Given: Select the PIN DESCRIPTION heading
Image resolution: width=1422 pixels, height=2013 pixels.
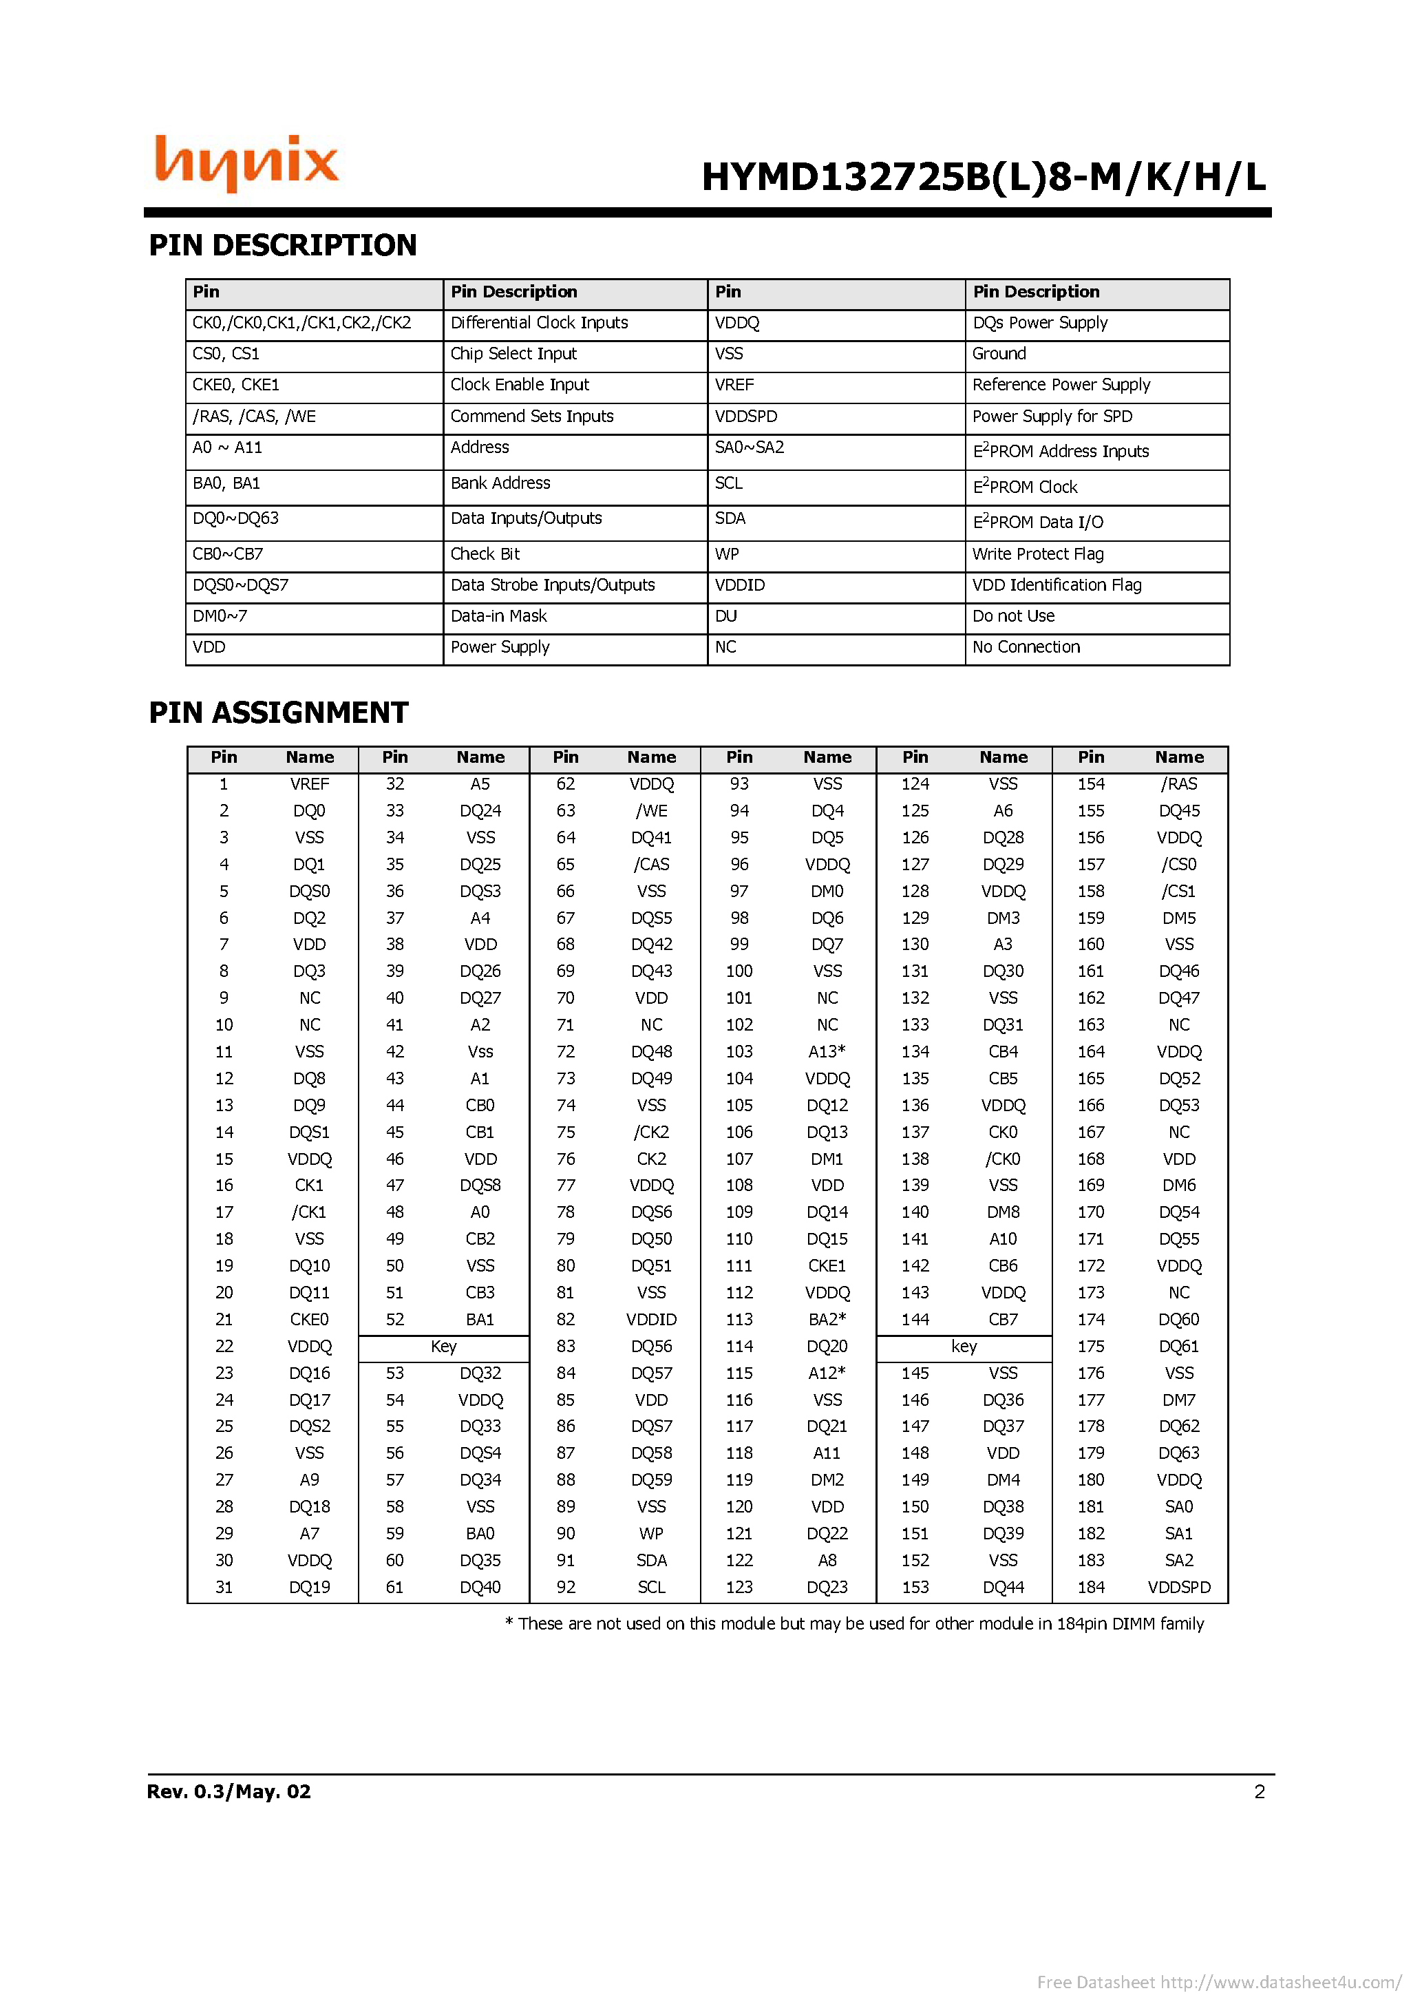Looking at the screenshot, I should click(x=282, y=246).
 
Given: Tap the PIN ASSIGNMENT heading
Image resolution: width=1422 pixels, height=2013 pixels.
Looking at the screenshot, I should click(x=278, y=713).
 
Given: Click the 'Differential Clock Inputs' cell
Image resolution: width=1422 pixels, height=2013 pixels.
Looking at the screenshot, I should click(x=539, y=323).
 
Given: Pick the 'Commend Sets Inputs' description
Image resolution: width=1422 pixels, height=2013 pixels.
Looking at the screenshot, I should click(x=531, y=417).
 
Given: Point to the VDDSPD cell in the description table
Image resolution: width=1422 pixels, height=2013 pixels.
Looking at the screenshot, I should click(x=746, y=417).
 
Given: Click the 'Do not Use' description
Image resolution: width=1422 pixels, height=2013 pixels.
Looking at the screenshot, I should click(x=1013, y=616).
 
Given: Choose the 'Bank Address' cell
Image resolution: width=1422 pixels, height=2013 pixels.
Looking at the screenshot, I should click(x=500, y=483).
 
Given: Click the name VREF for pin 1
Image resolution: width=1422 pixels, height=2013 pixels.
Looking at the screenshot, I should click(x=310, y=784).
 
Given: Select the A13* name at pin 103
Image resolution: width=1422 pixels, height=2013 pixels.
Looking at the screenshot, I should click(x=827, y=1051).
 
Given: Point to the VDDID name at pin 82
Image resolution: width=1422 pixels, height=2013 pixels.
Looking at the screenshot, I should click(x=651, y=1320).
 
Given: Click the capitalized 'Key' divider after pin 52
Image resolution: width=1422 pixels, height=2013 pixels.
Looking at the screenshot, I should click(x=444, y=1346).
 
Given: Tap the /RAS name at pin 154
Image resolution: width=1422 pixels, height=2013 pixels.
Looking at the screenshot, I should click(x=1179, y=784).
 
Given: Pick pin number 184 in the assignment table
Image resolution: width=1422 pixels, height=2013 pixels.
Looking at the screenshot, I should click(x=1091, y=1587).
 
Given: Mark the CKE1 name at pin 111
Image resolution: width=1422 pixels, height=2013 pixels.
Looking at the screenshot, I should click(x=827, y=1266).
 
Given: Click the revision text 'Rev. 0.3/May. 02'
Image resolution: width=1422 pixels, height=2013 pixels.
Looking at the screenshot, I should click(x=229, y=1791).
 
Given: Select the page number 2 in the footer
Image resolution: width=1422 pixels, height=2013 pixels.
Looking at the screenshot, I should click(x=1260, y=1791).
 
